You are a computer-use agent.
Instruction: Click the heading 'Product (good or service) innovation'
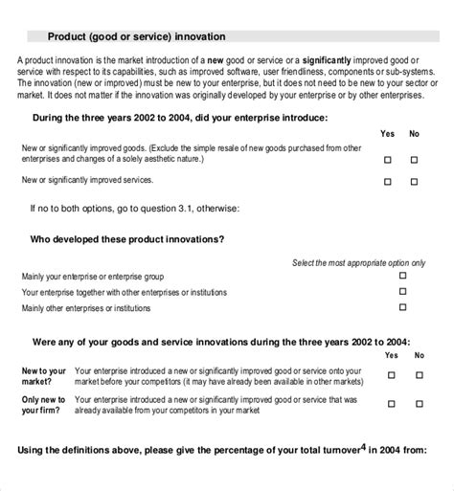pos(137,37)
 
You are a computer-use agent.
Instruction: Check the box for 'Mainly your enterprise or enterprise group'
pos(402,275)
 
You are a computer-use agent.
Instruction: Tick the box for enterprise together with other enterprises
pos(402,291)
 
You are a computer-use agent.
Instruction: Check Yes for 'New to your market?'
pos(391,373)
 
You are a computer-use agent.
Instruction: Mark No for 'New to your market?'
pos(419,373)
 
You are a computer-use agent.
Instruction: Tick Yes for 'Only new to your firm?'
pos(391,404)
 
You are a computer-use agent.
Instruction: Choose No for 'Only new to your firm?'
pos(419,404)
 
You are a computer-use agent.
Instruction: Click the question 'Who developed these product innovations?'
pos(128,238)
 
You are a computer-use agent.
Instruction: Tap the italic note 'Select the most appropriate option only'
pos(357,261)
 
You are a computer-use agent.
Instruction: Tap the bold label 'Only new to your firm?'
pos(44,404)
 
